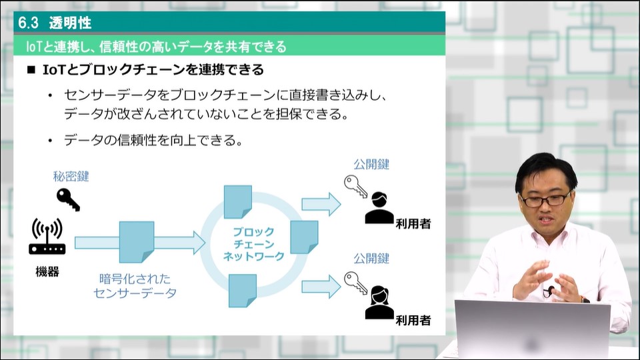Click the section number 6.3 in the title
point(28,23)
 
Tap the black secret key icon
point(68,199)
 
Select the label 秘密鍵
point(71,176)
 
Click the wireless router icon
point(47,237)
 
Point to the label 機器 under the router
point(47,271)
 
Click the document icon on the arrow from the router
point(137,242)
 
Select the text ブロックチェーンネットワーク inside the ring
point(253,244)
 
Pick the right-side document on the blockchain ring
point(304,237)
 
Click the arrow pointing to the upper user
point(321,204)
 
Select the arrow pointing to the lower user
point(321,287)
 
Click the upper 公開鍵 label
point(371,165)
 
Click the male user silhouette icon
point(379,207)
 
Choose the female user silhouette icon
point(379,303)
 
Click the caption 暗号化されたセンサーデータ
point(135,286)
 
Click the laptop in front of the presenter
point(532,329)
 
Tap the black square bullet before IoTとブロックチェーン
point(31,70)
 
